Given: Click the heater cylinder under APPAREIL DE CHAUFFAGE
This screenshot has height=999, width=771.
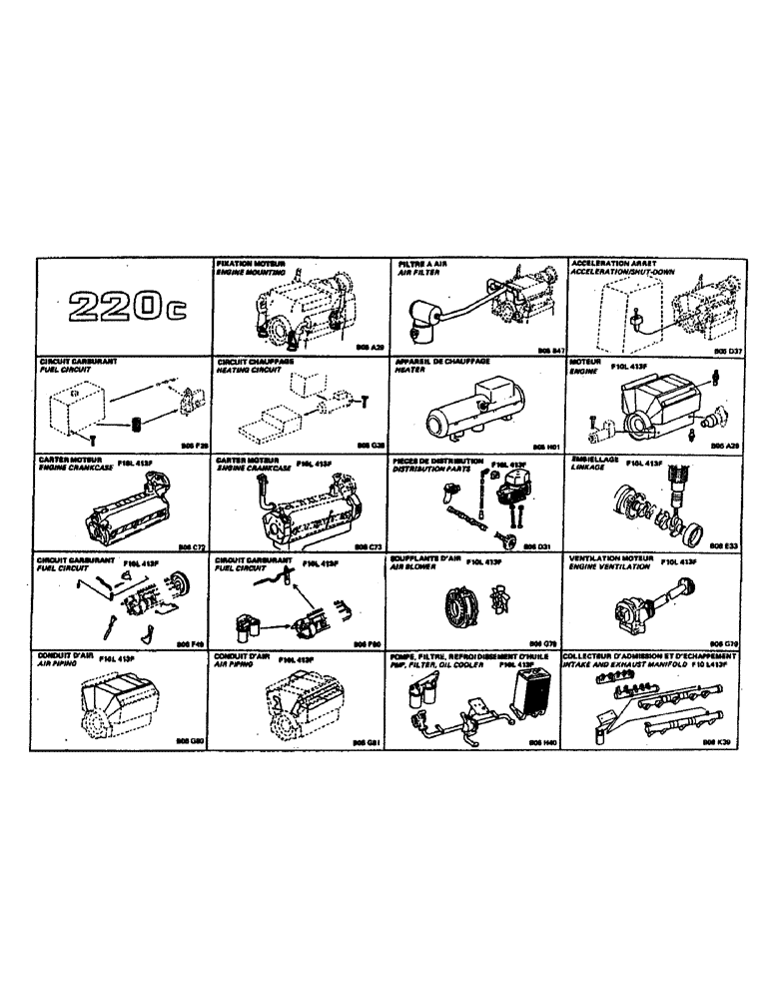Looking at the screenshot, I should coord(474,410).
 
